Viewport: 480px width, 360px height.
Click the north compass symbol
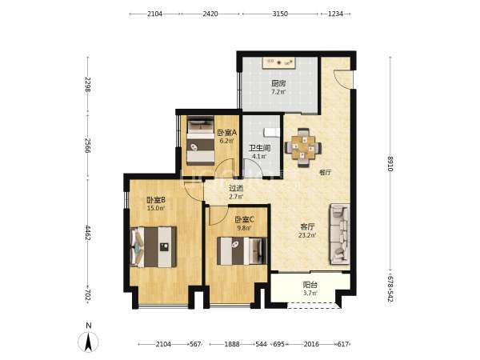click(x=88, y=341)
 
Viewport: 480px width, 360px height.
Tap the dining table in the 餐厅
click(x=303, y=147)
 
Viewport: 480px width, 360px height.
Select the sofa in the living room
click(x=339, y=234)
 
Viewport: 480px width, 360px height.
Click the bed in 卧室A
click(x=201, y=141)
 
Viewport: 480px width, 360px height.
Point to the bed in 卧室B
click(x=153, y=246)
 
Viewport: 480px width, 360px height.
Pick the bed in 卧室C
click(x=242, y=251)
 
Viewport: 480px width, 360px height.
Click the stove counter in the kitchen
click(x=279, y=63)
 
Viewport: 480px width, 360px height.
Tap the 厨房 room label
click(x=278, y=83)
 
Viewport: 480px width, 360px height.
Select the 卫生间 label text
click(x=259, y=148)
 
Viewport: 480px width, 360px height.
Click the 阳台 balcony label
click(x=310, y=285)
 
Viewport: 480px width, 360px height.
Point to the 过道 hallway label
click(x=236, y=189)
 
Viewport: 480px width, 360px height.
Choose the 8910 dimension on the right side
click(x=390, y=164)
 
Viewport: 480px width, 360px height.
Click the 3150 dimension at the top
click(x=280, y=14)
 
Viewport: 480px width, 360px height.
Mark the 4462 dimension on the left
click(x=88, y=234)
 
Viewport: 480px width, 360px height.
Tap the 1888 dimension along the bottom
click(x=232, y=344)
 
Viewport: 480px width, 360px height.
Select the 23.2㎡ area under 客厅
click(x=307, y=235)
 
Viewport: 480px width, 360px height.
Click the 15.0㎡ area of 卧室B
click(x=156, y=208)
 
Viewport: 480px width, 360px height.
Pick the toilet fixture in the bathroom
click(x=272, y=132)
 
